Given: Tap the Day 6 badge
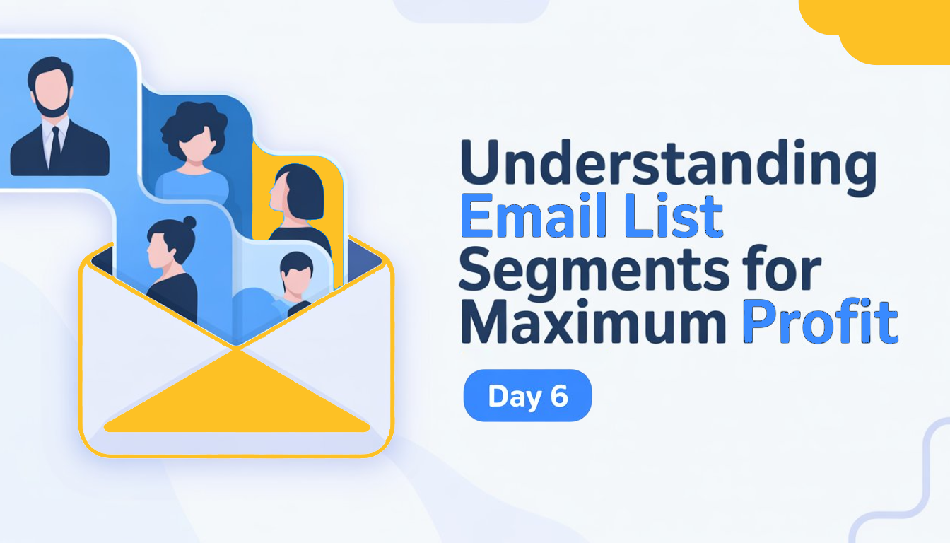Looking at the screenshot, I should coord(527,396).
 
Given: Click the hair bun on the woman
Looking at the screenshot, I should coord(189,223).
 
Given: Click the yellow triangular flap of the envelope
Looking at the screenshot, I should coord(237,396).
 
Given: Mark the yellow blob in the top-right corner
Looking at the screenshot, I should coord(891,28).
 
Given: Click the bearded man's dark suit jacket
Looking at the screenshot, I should coord(28,152).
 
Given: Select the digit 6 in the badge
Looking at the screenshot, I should coord(559,396).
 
